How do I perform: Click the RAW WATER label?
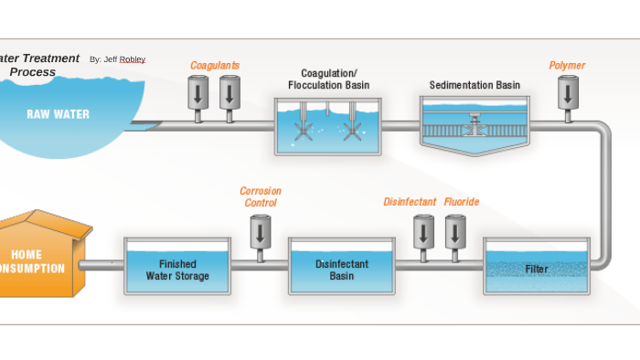click(x=58, y=114)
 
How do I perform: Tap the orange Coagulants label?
click(x=215, y=66)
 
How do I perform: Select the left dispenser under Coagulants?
click(x=198, y=93)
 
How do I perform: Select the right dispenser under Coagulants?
click(x=229, y=93)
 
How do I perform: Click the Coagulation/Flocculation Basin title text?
click(x=328, y=79)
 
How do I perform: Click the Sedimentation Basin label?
click(x=475, y=86)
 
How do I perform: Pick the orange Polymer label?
click(x=567, y=66)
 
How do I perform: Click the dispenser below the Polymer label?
click(x=568, y=93)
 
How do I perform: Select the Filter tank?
click(x=537, y=267)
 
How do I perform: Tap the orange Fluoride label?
click(x=462, y=202)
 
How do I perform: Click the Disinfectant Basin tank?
click(x=342, y=268)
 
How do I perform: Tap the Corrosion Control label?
click(x=261, y=196)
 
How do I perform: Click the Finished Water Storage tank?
click(x=177, y=268)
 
